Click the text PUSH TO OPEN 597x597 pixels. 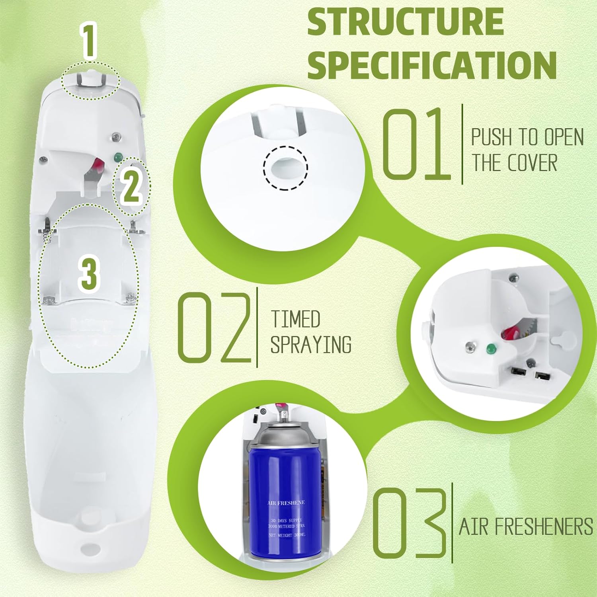tap(527, 137)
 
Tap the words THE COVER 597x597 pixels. tap(514, 163)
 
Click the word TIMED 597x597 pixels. tap(295, 319)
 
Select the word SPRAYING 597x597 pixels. tap(311, 344)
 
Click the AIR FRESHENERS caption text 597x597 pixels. tap(526, 527)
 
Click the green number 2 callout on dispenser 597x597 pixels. tap(131, 187)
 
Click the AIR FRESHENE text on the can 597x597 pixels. tap(286, 503)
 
